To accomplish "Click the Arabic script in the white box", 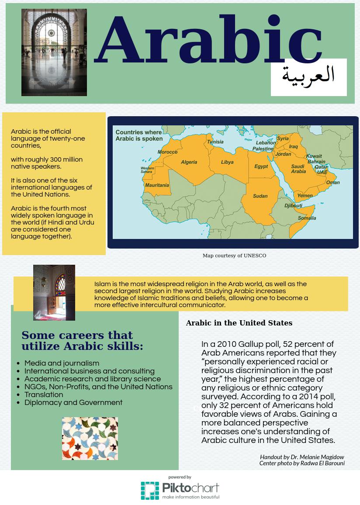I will (308, 75).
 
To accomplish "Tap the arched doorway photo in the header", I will (54, 52).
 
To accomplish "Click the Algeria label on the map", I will (189, 162).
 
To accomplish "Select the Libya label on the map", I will (227, 162).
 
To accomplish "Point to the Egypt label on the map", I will (261, 166).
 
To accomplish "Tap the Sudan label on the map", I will (260, 196).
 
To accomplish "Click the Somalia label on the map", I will (307, 218).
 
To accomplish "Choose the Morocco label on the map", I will (167, 152).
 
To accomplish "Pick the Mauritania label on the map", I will (157, 185).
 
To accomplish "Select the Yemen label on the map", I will (305, 196).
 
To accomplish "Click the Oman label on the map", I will (332, 183).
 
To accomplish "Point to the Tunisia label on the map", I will (215, 142).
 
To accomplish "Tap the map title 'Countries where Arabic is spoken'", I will (139, 135).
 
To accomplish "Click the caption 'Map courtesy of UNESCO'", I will (234, 256).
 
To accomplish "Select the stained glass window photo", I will (54, 292).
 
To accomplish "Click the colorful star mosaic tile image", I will (90, 439).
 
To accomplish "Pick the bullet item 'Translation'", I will (44, 394).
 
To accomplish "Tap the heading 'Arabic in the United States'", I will (239, 323).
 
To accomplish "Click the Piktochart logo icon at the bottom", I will (150, 491).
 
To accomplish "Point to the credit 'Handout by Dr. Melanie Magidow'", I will (302, 457).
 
